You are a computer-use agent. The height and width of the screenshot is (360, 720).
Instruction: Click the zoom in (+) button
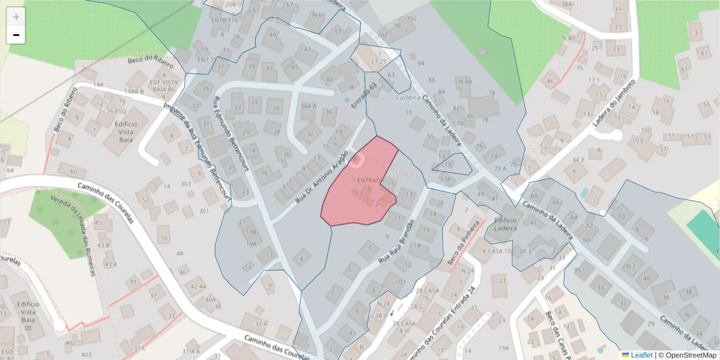[16, 17]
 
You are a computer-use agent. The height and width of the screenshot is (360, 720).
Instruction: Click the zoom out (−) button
[16, 35]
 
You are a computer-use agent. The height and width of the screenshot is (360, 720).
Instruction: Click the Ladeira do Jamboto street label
[614, 103]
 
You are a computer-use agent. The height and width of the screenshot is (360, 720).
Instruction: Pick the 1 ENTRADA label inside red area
[368, 180]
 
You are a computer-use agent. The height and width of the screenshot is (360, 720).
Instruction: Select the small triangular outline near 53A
[453, 163]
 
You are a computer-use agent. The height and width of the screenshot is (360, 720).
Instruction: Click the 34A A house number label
[308, 106]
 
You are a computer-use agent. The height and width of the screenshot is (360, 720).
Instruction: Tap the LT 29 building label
[378, 62]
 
